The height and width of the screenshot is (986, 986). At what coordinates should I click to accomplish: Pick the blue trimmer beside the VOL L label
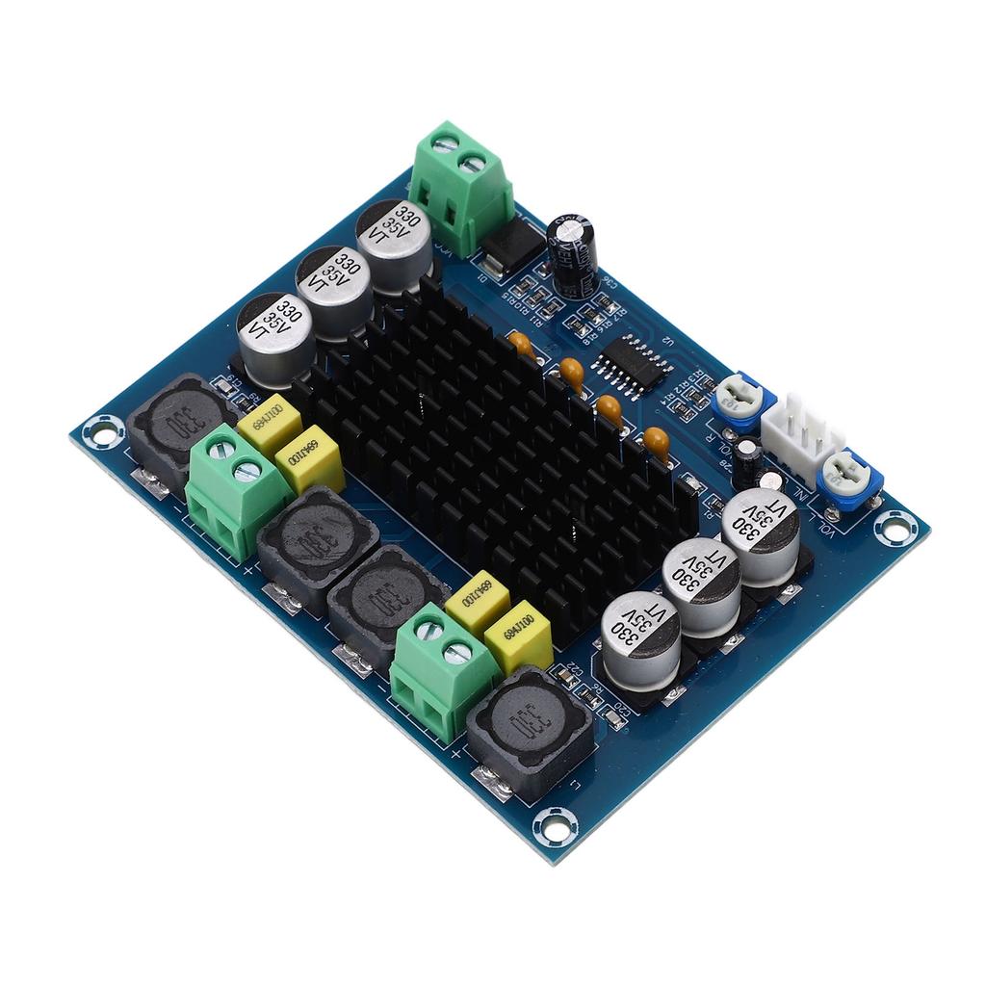pyautogui.click(x=843, y=475)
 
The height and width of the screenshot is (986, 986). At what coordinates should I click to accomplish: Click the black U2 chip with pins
pyautogui.click(x=632, y=366)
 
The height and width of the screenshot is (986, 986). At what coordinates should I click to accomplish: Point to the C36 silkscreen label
pyautogui.click(x=608, y=284)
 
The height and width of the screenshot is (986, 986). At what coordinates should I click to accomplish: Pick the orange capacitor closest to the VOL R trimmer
pyautogui.click(x=657, y=444)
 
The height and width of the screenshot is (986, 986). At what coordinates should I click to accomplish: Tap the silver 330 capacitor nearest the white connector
pyautogui.click(x=760, y=533)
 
